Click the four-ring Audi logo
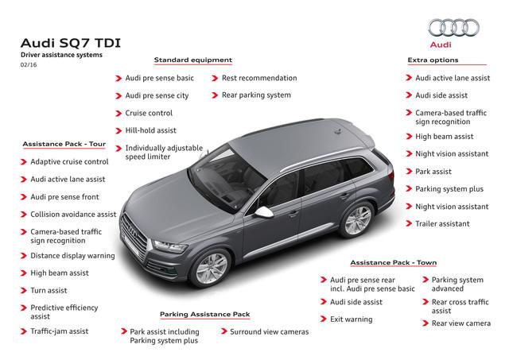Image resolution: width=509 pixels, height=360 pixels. pos(453,27)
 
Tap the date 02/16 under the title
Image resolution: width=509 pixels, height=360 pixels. pos(29,64)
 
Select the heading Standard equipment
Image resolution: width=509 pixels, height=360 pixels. pos(193,60)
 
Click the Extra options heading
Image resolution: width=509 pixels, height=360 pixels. pos(433,60)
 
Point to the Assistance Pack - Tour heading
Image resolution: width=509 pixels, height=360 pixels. pos(64,144)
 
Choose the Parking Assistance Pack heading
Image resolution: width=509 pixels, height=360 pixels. pos(205,314)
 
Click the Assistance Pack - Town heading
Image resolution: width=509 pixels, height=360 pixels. pos(394,262)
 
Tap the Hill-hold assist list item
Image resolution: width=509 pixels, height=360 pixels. pos(150,130)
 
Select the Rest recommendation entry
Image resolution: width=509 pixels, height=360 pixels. pos(259,78)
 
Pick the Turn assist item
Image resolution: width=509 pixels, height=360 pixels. pos(49,290)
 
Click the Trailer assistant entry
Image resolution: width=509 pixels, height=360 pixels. pos(442,223)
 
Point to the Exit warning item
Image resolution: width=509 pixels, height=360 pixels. pos(352,319)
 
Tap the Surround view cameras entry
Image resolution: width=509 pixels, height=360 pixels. pos(270,331)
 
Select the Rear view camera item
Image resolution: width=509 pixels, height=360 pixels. pos(461,323)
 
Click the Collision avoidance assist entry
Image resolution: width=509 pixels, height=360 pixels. pos(73,215)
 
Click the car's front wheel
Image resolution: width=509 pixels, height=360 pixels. pos(212,269)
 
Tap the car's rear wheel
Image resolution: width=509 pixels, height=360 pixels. pos(357,220)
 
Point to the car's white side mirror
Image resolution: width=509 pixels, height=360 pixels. pos(263,211)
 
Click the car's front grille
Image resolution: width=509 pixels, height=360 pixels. pos(134,234)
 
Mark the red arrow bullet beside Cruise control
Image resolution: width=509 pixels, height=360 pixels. pos(119,113)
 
